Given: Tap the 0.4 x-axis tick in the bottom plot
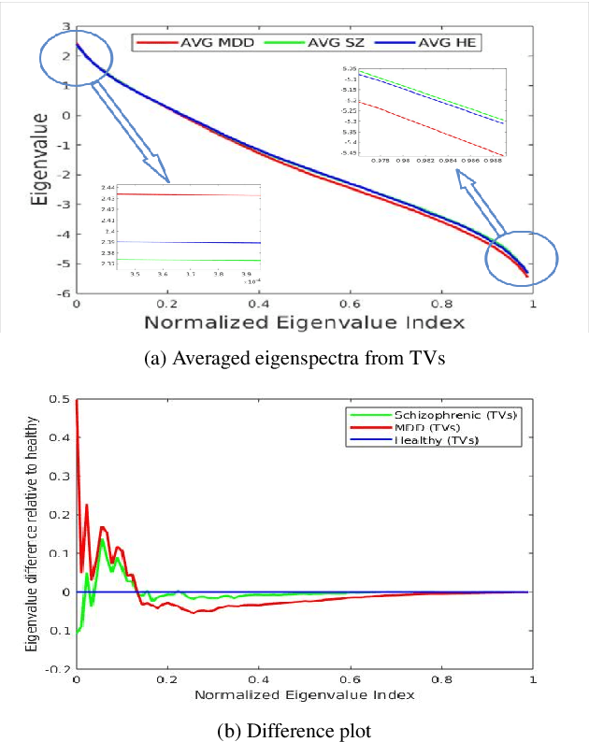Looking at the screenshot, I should (258, 681).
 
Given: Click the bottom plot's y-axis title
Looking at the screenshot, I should (33, 534).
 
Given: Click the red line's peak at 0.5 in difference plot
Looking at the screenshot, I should (77, 400).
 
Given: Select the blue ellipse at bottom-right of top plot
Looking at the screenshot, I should (521, 255).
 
